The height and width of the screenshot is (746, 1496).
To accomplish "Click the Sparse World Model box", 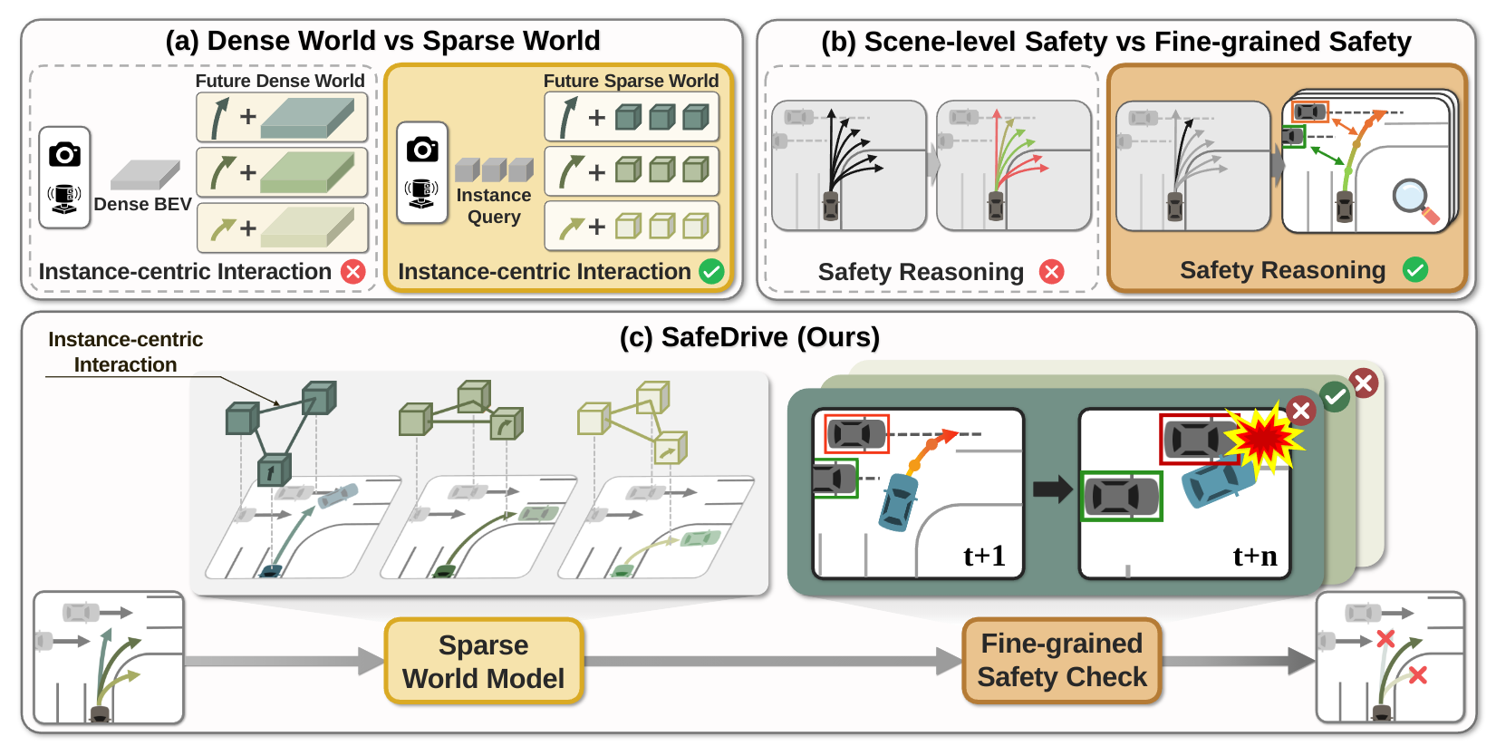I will click(484, 661).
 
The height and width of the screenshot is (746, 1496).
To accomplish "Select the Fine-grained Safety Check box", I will click(1061, 660).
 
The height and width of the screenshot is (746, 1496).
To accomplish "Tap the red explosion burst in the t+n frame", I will click(1263, 438).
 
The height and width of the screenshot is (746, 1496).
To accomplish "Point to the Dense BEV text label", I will click(142, 204).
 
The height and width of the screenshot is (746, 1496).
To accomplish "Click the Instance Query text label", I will click(494, 206).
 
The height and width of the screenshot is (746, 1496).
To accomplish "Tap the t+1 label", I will click(984, 555).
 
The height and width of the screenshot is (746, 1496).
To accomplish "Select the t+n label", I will click(1255, 555).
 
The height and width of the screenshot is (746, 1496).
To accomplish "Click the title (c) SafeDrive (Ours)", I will click(749, 337).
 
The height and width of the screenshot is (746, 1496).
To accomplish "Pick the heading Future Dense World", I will click(280, 81).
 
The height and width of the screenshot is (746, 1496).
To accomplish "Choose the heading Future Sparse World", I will click(631, 81).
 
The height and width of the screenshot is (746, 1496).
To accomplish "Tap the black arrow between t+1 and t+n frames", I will click(1052, 489).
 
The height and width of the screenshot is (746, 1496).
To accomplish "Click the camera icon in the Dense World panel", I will click(64, 154).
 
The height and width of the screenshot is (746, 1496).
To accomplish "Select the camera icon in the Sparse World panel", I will click(422, 149).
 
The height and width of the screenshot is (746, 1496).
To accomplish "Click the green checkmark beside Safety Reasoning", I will click(1414, 269).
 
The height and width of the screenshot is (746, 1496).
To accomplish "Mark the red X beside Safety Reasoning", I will click(1051, 271).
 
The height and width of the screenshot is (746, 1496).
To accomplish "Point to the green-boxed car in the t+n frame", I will click(1122, 496).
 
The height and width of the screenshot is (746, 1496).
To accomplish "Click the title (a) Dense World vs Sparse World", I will click(382, 41).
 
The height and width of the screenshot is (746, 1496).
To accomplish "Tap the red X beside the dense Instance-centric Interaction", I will click(352, 271).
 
